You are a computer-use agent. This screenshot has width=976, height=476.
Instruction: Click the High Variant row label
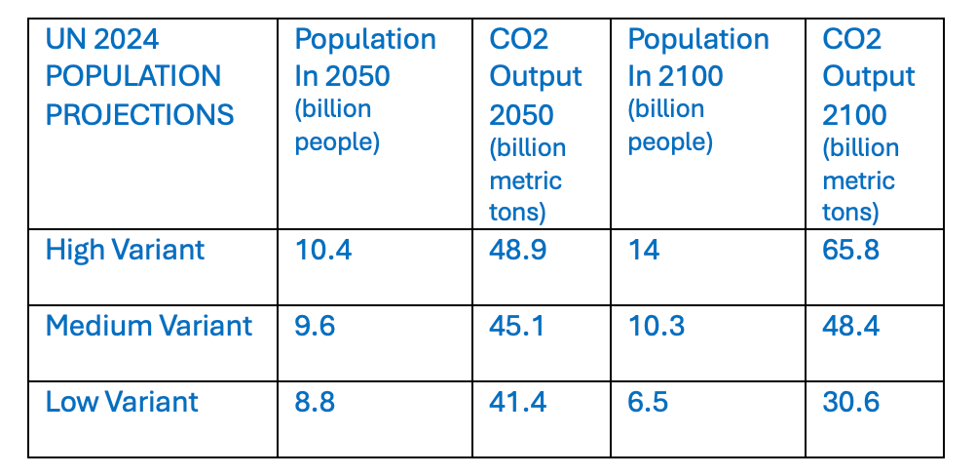[x=125, y=250]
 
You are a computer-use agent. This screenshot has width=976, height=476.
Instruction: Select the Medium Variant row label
[x=148, y=325]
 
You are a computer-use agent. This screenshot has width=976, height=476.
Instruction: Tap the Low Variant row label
[x=122, y=401]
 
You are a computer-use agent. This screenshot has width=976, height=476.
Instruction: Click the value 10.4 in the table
[x=322, y=250]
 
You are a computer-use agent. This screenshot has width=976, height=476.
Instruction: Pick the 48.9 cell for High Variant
[x=517, y=250]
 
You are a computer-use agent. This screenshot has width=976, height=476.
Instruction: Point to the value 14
[x=643, y=250]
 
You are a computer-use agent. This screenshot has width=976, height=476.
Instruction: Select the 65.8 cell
[x=850, y=250]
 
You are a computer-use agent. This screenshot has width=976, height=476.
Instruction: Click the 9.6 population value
[x=315, y=325]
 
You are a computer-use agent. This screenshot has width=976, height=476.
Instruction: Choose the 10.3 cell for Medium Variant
[x=656, y=325]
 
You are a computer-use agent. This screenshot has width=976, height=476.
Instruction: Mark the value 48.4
[x=850, y=325]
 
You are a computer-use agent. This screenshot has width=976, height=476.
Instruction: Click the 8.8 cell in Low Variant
[x=315, y=401]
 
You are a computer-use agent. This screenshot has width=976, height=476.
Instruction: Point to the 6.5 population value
[x=648, y=401]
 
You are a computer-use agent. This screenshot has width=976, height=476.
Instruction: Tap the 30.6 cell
[x=850, y=401]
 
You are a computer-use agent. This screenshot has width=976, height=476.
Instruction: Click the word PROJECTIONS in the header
[x=139, y=115]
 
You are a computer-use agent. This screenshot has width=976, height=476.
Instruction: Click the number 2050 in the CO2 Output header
[x=521, y=115]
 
